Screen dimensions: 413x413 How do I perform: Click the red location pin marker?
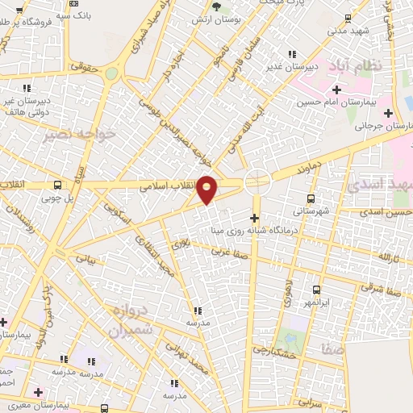tap(207, 190)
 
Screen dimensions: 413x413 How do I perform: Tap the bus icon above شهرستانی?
tap(311, 198)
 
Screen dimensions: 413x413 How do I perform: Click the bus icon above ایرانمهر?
tap(315, 290)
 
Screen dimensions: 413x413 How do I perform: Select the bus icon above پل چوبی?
tap(56, 184)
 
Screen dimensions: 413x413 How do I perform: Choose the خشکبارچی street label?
tap(274, 349)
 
